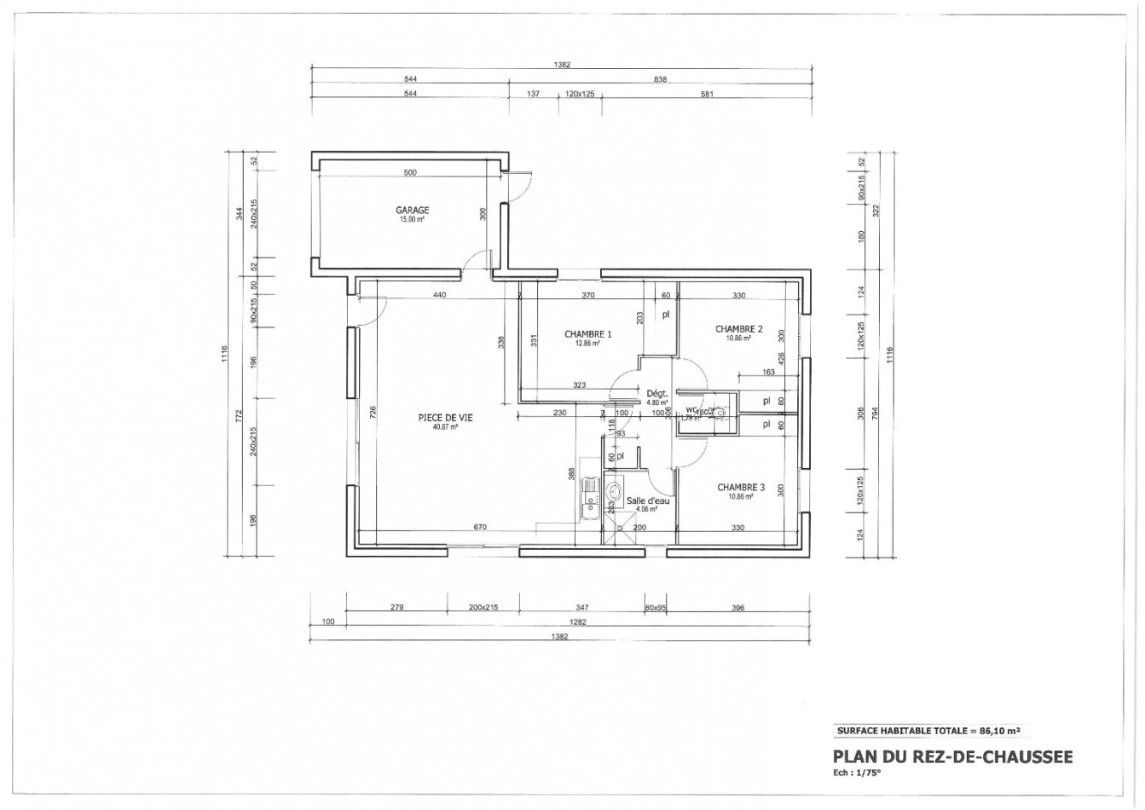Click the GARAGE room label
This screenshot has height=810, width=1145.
tap(412, 211)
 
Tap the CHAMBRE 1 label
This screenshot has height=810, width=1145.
tap(588, 334)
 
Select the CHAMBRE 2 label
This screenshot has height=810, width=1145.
tap(738, 329)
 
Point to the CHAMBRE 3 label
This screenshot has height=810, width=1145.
tap(741, 488)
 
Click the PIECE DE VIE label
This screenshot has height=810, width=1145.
tap(445, 417)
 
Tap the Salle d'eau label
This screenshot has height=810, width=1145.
tap(648, 501)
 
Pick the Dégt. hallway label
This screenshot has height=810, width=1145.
tap(655, 393)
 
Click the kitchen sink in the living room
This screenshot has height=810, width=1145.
tap(588, 495)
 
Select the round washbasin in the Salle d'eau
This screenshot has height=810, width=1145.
tap(614, 491)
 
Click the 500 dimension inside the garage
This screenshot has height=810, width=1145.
tap(410, 173)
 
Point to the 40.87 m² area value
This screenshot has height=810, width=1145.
tap(445, 427)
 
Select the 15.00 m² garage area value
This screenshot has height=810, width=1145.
tap(411, 220)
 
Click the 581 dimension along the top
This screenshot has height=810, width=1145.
tap(706, 95)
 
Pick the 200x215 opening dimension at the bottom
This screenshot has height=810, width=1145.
tap(483, 608)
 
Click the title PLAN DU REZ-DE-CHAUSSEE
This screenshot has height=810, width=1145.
tap(952, 756)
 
